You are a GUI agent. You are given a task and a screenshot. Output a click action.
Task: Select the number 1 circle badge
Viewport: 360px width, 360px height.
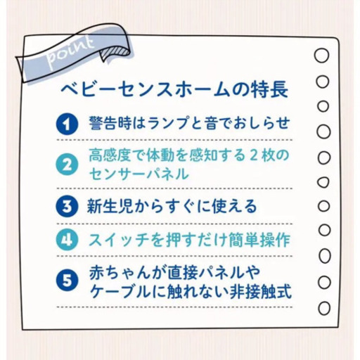coord(67,124)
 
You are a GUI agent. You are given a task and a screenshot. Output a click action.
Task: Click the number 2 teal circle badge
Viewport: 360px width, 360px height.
coord(67,165)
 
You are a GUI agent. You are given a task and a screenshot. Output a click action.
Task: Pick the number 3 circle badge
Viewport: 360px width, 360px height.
coord(67,206)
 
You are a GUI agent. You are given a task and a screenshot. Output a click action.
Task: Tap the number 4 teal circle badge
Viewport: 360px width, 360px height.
coord(67,239)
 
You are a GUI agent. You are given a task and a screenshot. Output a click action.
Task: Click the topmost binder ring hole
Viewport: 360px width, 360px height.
coord(322,56)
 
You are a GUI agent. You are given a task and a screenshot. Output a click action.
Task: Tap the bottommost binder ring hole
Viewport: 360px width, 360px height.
coord(322,307)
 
